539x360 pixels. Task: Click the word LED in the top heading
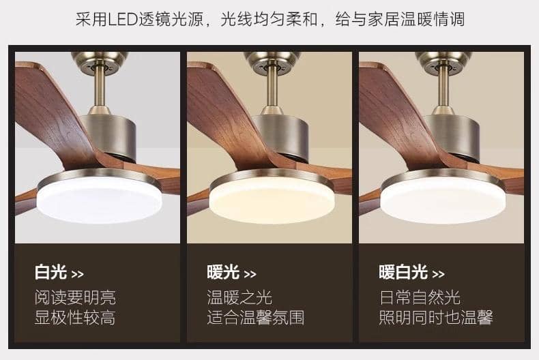[x=123, y=19]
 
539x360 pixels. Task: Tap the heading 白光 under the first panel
[x=50, y=272]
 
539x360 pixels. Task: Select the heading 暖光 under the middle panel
[x=223, y=272]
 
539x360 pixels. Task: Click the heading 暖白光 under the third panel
[x=403, y=272]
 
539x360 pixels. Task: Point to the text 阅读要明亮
[x=75, y=297]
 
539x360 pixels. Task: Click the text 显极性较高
[x=75, y=318]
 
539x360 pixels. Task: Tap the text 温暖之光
[x=239, y=297]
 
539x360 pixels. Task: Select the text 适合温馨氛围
[x=256, y=318]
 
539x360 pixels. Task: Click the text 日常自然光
[x=420, y=297]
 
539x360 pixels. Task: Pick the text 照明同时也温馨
[x=436, y=318]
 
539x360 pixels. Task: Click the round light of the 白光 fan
[x=100, y=199]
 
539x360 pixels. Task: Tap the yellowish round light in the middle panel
[x=272, y=199]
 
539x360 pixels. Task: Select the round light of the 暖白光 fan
[x=443, y=199]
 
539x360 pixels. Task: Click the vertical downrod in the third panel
[x=443, y=86]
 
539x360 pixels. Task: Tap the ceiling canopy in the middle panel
[x=272, y=63]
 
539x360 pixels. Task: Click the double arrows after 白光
[x=77, y=274]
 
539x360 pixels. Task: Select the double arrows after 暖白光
[x=438, y=274]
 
